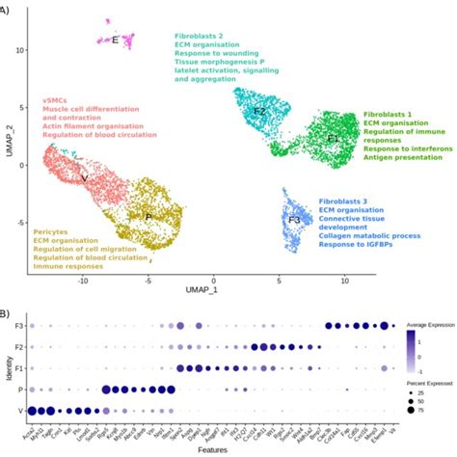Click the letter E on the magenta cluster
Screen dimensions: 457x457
[x=115, y=40]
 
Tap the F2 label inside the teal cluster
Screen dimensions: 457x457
[x=258, y=112]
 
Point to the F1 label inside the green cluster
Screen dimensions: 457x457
[x=333, y=138]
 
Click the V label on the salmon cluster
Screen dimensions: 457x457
[x=85, y=177]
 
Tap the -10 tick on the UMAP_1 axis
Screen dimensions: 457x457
[x=83, y=281]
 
